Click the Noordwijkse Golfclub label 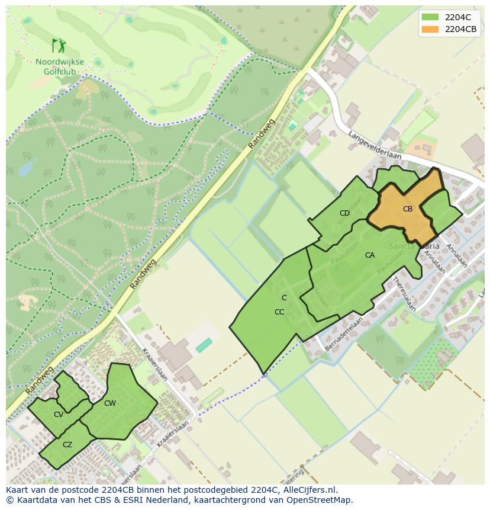click(59, 66)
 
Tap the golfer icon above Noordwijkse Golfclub click(59, 46)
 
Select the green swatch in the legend click(430, 17)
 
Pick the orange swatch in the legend click(430, 29)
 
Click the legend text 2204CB click(461, 29)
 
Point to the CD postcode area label click(344, 213)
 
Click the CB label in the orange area click(408, 209)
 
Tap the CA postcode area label click(370, 255)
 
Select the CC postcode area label click(280, 312)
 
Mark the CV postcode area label click(59, 415)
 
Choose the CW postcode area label click(110, 403)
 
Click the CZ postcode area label click(67, 445)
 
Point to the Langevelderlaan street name click(375, 145)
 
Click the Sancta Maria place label click(414, 245)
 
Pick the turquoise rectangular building click(204, 345)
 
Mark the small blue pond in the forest click(27, 168)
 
